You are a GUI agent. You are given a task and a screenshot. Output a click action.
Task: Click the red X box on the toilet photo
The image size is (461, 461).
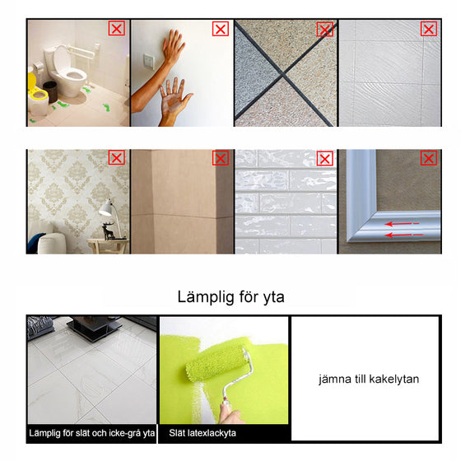[x=117, y=29]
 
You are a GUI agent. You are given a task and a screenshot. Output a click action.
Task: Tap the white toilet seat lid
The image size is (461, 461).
[x=62, y=58]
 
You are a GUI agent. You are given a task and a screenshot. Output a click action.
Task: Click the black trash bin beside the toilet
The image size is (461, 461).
[x=50, y=91]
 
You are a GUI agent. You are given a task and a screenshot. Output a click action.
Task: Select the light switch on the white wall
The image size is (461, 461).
[x=149, y=61]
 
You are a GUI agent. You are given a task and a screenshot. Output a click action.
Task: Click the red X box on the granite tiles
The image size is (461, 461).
[x=325, y=29]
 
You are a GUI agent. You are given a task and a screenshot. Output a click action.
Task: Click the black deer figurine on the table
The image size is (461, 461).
[x=109, y=230]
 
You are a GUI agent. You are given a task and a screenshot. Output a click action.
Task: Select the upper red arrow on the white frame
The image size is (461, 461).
[x=402, y=224]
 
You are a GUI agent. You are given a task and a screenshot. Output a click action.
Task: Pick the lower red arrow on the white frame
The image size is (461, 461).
[x=403, y=235]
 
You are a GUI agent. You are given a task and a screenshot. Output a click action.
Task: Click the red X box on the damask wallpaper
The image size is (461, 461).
[x=117, y=158]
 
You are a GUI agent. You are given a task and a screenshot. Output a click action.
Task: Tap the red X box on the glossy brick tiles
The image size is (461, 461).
[x=325, y=159]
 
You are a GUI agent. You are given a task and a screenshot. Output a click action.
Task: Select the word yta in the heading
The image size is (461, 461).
[x=274, y=297]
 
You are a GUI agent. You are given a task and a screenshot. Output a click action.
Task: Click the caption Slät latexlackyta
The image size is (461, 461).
[x=203, y=433]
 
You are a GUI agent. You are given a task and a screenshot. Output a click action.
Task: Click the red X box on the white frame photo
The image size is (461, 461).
[x=429, y=158]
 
